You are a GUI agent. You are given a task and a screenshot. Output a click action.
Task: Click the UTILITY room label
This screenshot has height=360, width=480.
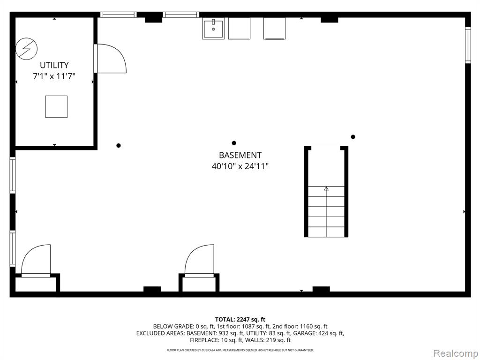pyautogui.click(x=54, y=65)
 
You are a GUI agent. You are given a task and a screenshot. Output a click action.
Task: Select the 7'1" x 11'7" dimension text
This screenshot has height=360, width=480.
pyautogui.click(x=54, y=76)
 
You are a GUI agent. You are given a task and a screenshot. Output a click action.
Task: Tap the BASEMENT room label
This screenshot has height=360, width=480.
pyautogui.click(x=240, y=155)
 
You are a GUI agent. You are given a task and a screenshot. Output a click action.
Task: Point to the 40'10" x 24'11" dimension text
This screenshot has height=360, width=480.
pyautogui.click(x=240, y=166)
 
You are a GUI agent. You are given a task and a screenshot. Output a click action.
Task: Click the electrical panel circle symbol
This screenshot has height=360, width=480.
pyautogui.click(x=27, y=49)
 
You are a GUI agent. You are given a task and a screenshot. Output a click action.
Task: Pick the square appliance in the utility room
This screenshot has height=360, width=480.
pyautogui.click(x=56, y=106)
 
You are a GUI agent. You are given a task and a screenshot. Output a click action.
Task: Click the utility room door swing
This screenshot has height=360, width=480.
pyautogui.click(x=110, y=59)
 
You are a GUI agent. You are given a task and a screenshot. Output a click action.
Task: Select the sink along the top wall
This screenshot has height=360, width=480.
pyautogui.click(x=213, y=28)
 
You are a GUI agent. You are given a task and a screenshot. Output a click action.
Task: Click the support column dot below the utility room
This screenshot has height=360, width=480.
pyautogui.click(x=119, y=145)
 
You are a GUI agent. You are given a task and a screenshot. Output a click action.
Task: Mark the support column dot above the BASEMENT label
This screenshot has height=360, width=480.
pyautogui.click(x=234, y=143)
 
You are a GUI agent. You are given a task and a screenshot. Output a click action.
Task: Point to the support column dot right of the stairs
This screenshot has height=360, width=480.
pyautogui.click(x=353, y=137)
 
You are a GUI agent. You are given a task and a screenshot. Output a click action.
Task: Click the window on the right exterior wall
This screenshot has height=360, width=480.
pyautogui.click(x=468, y=45)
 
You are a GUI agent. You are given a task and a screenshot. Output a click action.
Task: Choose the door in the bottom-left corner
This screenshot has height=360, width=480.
pyautogui.click(x=36, y=261)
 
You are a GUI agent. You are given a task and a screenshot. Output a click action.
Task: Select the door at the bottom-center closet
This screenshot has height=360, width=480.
pyautogui.click(x=199, y=261)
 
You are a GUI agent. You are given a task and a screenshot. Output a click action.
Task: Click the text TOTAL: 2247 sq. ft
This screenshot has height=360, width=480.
pyautogui.click(x=240, y=320)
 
